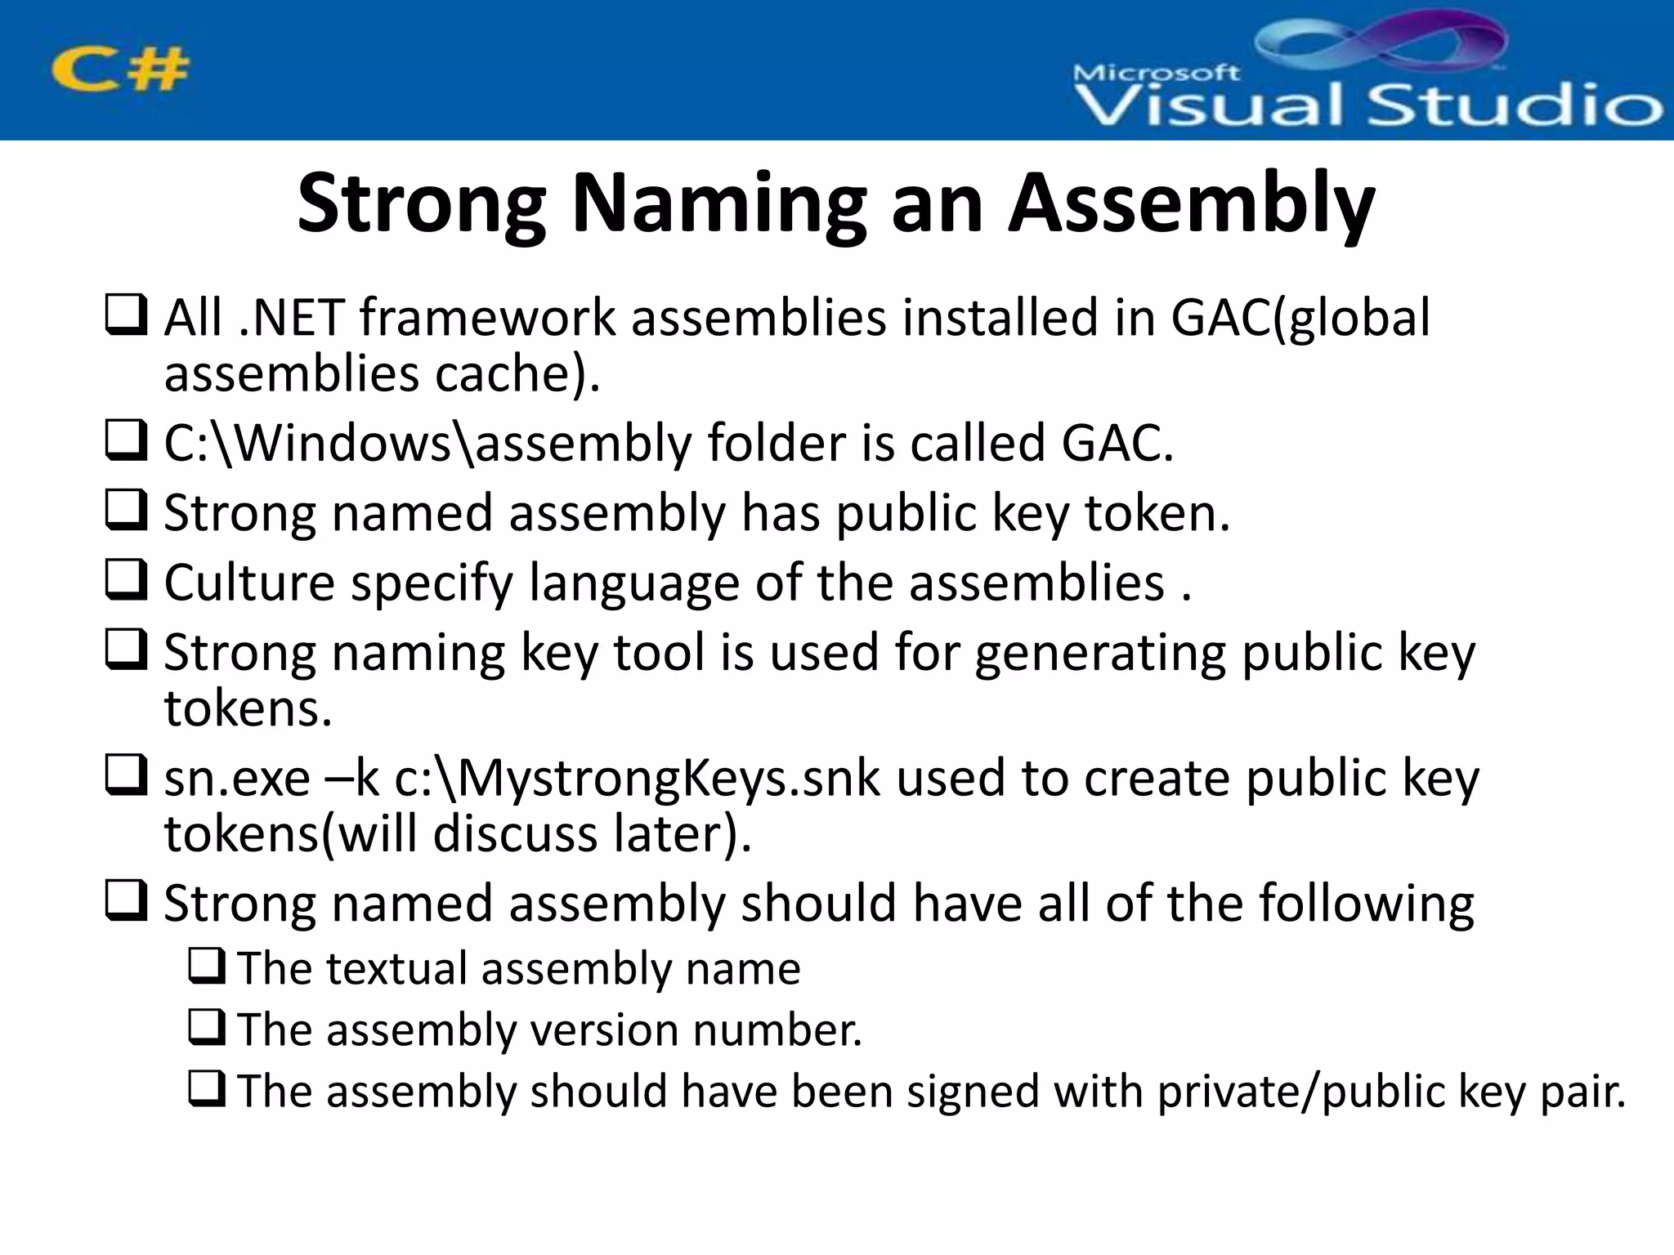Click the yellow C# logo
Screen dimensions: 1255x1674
pyautogui.click(x=120, y=70)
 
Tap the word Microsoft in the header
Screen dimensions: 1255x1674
pyautogui.click(x=1156, y=74)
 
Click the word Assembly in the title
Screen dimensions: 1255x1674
pyautogui.click(x=1191, y=204)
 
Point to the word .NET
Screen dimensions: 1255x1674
pyautogui.click(x=290, y=318)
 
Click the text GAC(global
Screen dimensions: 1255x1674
pyautogui.click(x=1300, y=318)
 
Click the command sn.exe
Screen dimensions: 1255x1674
pyautogui.click(x=237, y=779)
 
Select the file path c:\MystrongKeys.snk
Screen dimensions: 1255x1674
pyautogui.click(x=638, y=779)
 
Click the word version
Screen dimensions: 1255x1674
pyautogui.click(x=604, y=1029)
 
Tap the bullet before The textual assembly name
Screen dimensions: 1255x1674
pyautogui.click(x=206, y=967)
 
